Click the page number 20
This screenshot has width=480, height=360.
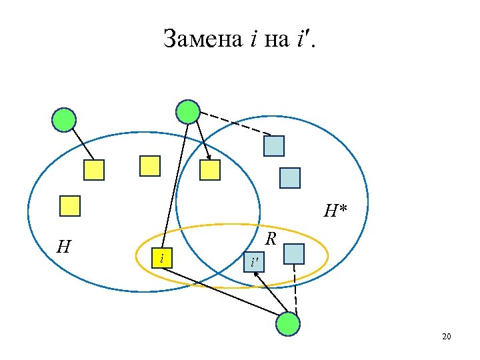446,337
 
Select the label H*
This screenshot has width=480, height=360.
335,211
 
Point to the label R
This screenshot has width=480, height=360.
271,238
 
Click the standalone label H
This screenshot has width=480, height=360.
64,247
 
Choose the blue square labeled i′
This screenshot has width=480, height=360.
254,262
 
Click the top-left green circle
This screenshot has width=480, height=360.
65,120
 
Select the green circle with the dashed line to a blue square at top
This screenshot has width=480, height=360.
188,112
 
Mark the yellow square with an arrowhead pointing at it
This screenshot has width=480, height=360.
210,170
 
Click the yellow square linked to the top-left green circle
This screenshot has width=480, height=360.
94,170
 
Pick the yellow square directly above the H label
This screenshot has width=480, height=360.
70,206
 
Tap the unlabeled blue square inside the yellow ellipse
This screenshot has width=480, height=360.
293,253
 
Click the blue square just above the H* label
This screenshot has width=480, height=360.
289,178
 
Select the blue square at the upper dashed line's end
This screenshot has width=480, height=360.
274,146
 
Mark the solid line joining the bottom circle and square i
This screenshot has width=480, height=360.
220,289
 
